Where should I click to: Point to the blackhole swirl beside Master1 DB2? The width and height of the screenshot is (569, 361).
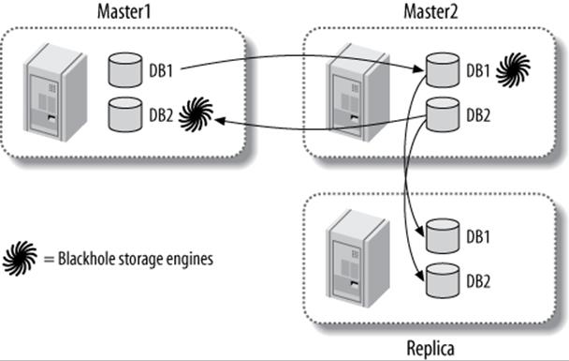coord(196,114)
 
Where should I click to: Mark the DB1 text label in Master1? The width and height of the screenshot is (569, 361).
coord(161,69)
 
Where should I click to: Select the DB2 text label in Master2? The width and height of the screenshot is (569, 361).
coord(477,113)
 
